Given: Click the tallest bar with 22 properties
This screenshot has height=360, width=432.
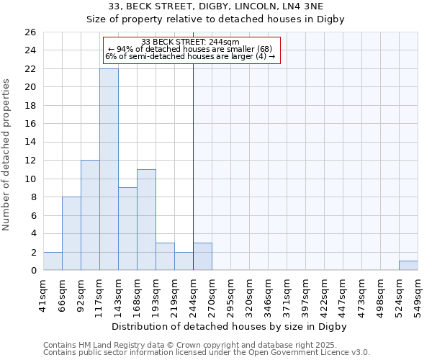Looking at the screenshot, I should click(x=109, y=169).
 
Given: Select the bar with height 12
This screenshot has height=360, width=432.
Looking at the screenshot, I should click(x=90, y=215).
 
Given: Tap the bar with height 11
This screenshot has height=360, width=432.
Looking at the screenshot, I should click(x=146, y=220).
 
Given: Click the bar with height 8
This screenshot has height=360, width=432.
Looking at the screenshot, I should click(x=71, y=233).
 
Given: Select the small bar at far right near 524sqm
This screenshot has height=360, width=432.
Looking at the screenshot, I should click(x=408, y=266).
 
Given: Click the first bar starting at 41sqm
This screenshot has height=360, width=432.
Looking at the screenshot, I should click(x=53, y=261).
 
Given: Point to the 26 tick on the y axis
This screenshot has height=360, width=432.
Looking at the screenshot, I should click(x=30, y=32).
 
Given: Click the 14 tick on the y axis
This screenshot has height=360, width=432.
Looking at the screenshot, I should click(x=30, y=143).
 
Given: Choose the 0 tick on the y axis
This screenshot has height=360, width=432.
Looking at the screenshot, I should click(x=32, y=271).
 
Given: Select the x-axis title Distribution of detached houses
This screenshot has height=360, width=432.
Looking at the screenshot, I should click(x=230, y=327).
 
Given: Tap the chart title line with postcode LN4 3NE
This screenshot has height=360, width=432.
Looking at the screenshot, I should click(x=216, y=6).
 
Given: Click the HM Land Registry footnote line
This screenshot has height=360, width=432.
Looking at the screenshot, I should click(x=205, y=345).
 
